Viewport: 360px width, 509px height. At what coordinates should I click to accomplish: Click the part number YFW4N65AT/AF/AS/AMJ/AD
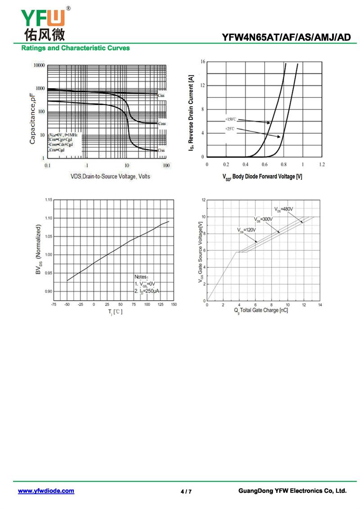(286, 38)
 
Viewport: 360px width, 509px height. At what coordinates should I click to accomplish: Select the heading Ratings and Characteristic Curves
(75, 48)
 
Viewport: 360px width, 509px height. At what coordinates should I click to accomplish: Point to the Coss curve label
(162, 123)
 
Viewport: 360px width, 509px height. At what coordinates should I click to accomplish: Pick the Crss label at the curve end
(161, 150)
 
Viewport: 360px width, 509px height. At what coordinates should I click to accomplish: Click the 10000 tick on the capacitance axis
(39, 66)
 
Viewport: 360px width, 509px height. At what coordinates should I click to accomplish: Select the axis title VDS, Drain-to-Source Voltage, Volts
(110, 176)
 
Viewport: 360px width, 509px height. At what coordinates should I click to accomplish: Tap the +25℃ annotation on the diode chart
(230, 129)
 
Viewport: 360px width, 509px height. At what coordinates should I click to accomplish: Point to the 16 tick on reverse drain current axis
(203, 61)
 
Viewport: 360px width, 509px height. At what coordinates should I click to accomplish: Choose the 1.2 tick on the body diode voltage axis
(321, 165)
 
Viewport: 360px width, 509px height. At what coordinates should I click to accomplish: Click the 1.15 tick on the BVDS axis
(48, 199)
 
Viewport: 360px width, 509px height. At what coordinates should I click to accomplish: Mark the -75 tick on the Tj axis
(54, 305)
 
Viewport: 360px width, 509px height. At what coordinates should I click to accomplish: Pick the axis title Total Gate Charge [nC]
(261, 311)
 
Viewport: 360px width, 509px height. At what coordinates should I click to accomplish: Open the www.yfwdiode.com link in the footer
(46, 491)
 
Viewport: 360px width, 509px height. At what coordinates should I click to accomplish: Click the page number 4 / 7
(186, 491)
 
